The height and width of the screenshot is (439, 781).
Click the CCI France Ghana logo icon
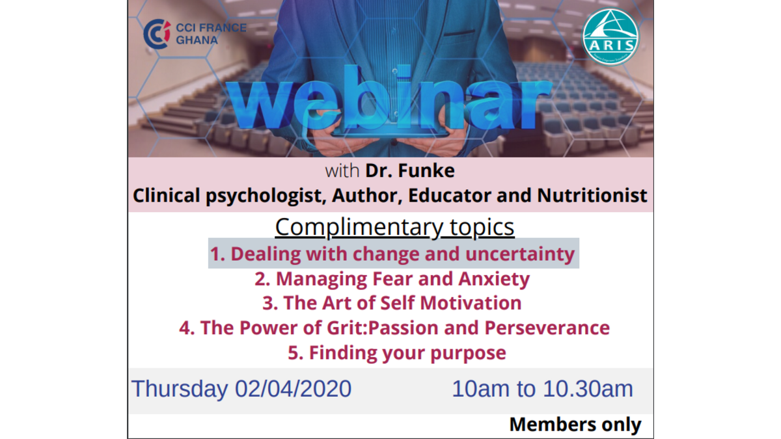coord(157,34)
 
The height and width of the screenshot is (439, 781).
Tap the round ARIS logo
coord(610,36)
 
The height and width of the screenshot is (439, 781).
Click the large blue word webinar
coord(389,99)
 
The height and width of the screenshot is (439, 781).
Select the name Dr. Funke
coord(410,170)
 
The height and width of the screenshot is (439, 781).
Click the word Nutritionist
coord(592,195)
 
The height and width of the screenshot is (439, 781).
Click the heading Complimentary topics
coord(394,227)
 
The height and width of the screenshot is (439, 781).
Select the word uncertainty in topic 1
coord(520,254)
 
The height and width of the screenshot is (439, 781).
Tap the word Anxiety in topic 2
coord(494,280)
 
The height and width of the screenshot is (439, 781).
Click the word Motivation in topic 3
coord(471,303)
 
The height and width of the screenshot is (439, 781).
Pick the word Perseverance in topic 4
coord(547,328)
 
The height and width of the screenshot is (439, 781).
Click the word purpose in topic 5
coord(468,353)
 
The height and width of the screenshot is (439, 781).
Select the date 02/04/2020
coord(293,388)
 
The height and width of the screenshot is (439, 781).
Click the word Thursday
coord(179,389)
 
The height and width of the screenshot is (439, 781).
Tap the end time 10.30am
coord(588,388)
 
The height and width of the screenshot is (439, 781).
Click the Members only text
coord(575,425)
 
